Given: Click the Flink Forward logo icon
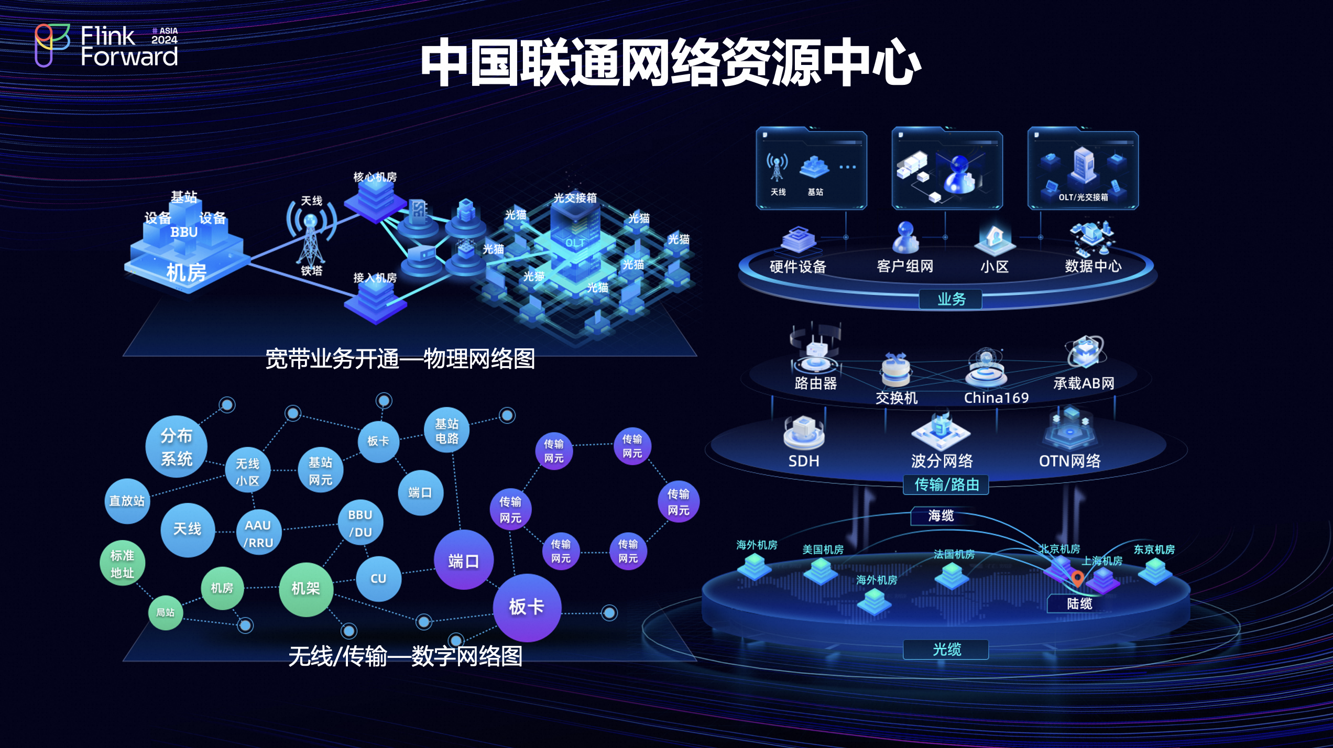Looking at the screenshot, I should coord(51,45).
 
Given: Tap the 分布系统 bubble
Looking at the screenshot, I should coord(177,447).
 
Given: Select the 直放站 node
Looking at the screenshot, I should coord(127,501).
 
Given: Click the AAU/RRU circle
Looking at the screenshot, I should coord(258,533).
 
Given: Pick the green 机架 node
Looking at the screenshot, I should coord(305,589).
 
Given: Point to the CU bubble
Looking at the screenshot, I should coord(378,578).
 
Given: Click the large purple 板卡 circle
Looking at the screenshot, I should coord(527,607).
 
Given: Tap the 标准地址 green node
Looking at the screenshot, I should coord(122,564).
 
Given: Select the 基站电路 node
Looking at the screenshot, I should coord(446,431).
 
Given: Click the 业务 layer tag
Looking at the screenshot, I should coord(951,300).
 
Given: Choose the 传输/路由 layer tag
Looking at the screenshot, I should coord(946,485).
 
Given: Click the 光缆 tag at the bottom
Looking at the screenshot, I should coord(946,650).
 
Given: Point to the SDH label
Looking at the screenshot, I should coord(804,461).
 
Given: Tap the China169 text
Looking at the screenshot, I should coord(996,398).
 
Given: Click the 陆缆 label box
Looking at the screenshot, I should coord(1079,603).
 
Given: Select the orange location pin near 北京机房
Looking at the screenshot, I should coord(1077,578).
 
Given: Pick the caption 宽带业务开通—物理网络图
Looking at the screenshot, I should coord(400,359).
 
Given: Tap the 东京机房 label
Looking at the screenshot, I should coord(1154,549).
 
